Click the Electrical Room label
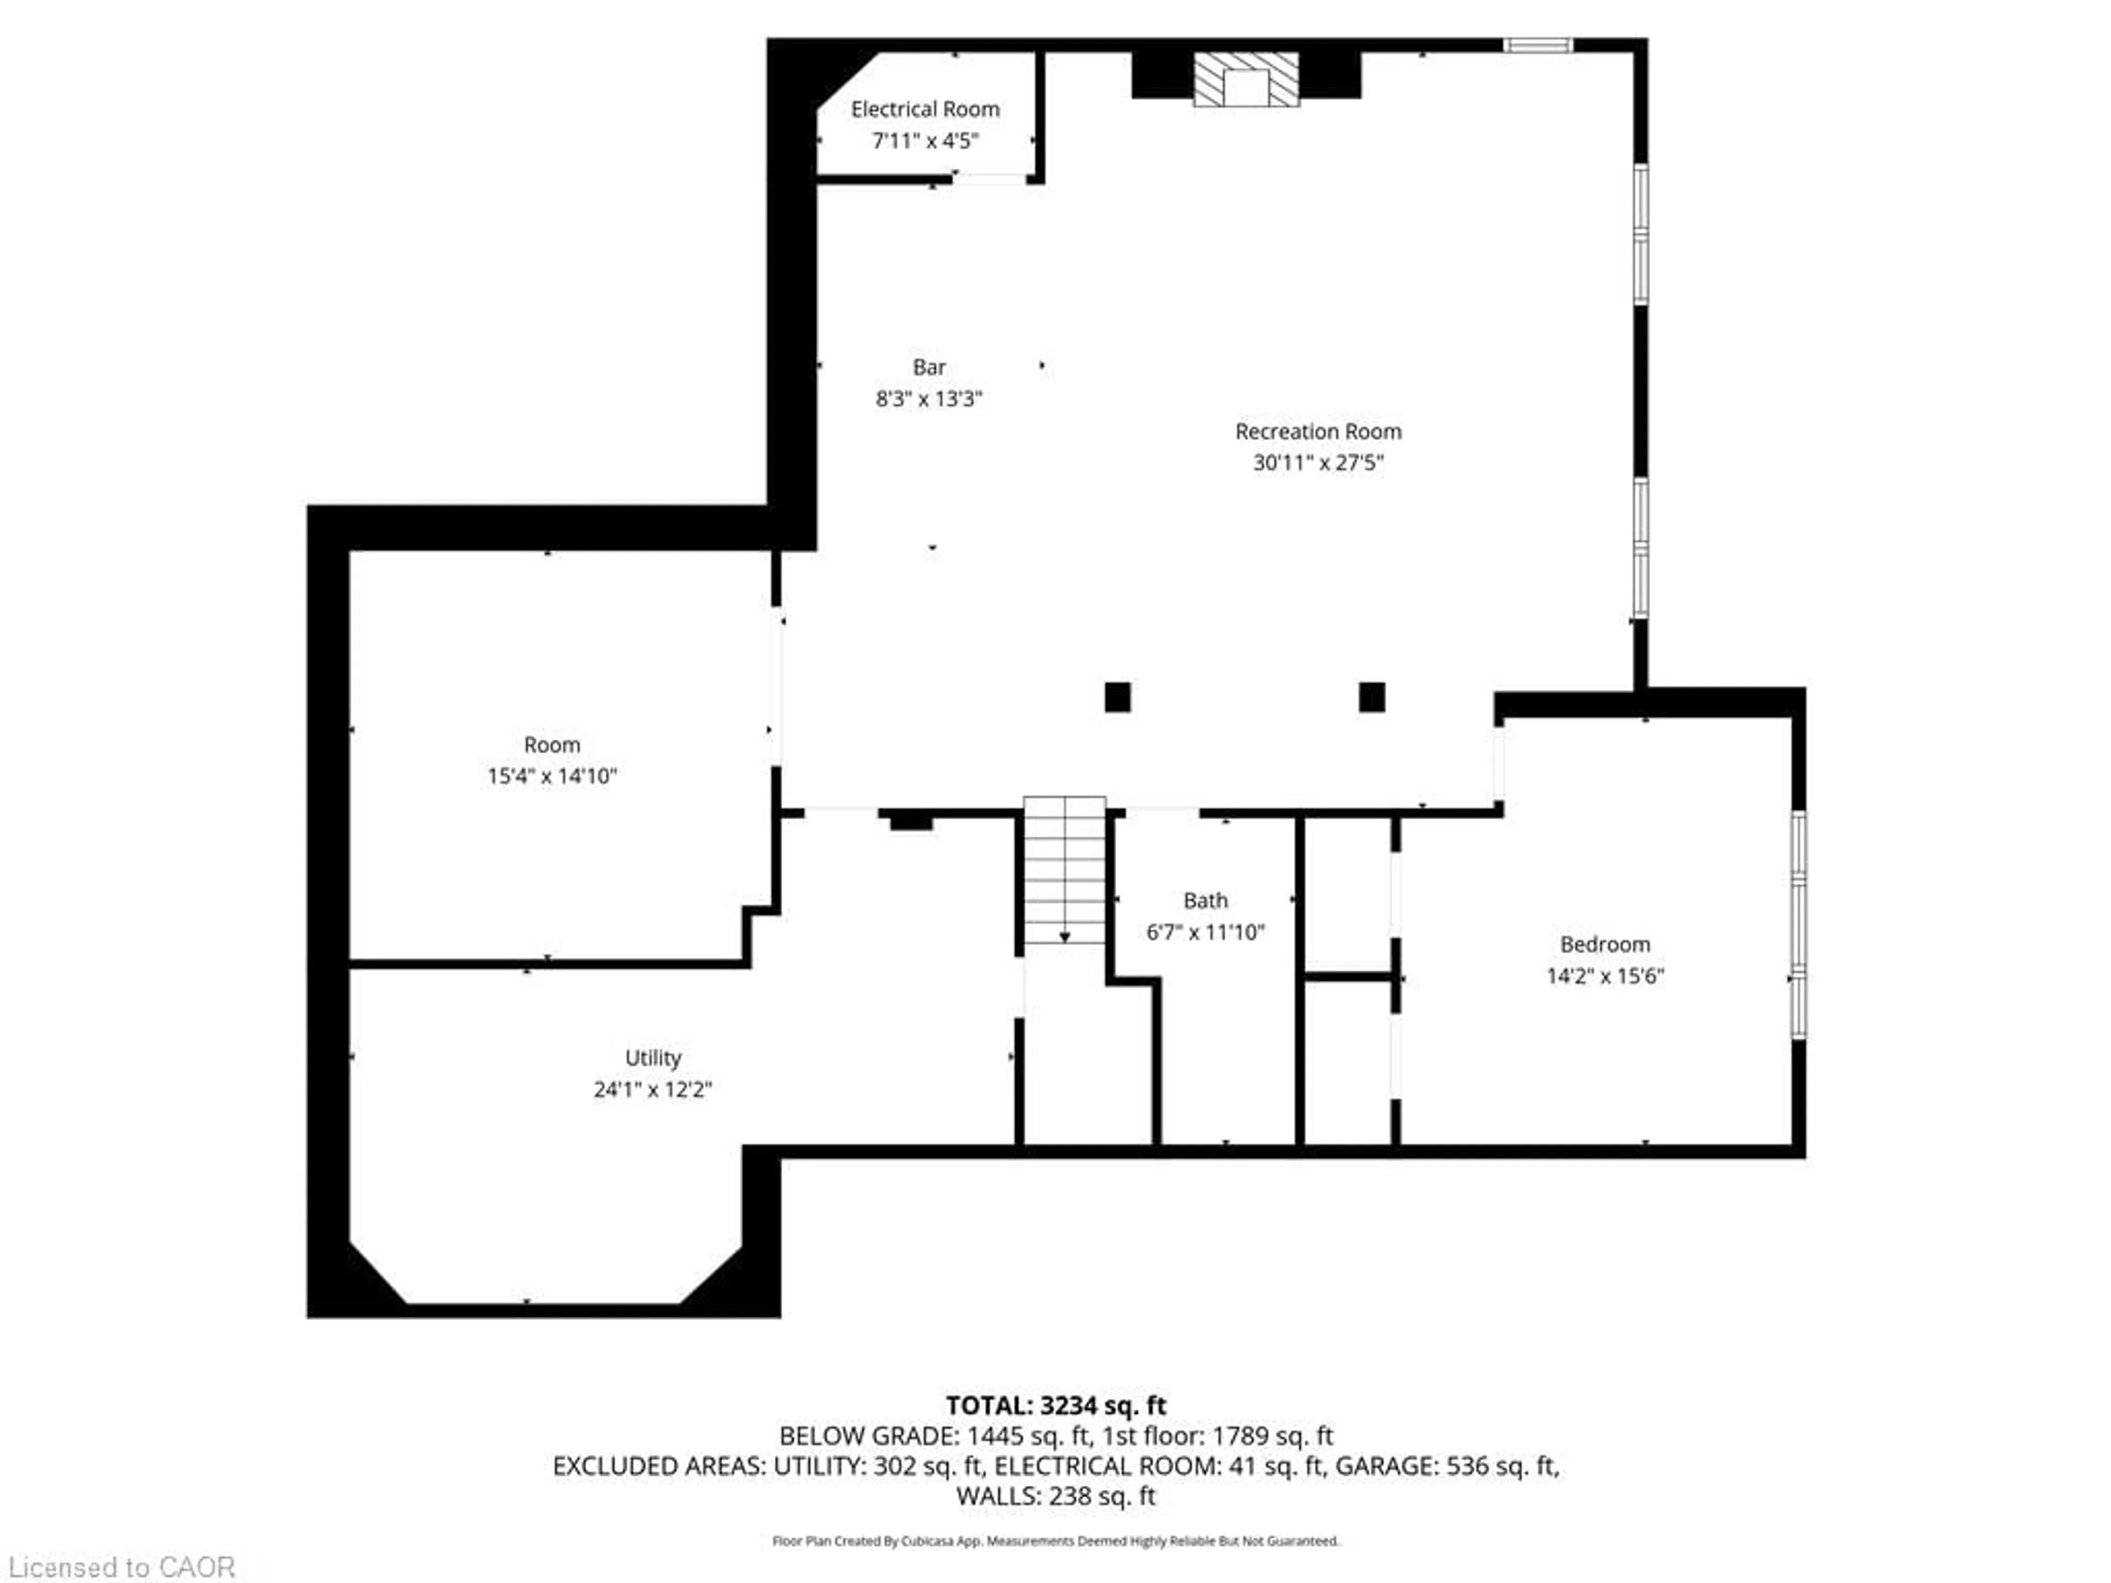(x=925, y=109)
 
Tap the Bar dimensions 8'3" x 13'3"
(x=929, y=399)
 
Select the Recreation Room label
(x=1318, y=431)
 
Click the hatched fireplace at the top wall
(x=1245, y=79)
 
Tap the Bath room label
(x=1206, y=900)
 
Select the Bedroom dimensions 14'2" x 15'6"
(x=1605, y=975)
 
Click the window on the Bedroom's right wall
(x=1798, y=923)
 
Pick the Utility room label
(x=653, y=1057)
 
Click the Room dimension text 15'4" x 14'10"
(x=551, y=776)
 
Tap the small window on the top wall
(x=1538, y=45)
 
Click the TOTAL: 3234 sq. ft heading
(x=1055, y=1405)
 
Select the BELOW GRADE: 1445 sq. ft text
(x=935, y=1436)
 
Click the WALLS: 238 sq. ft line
(x=1055, y=1496)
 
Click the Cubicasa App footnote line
(x=1055, y=1541)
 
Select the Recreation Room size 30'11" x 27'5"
(x=1318, y=463)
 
